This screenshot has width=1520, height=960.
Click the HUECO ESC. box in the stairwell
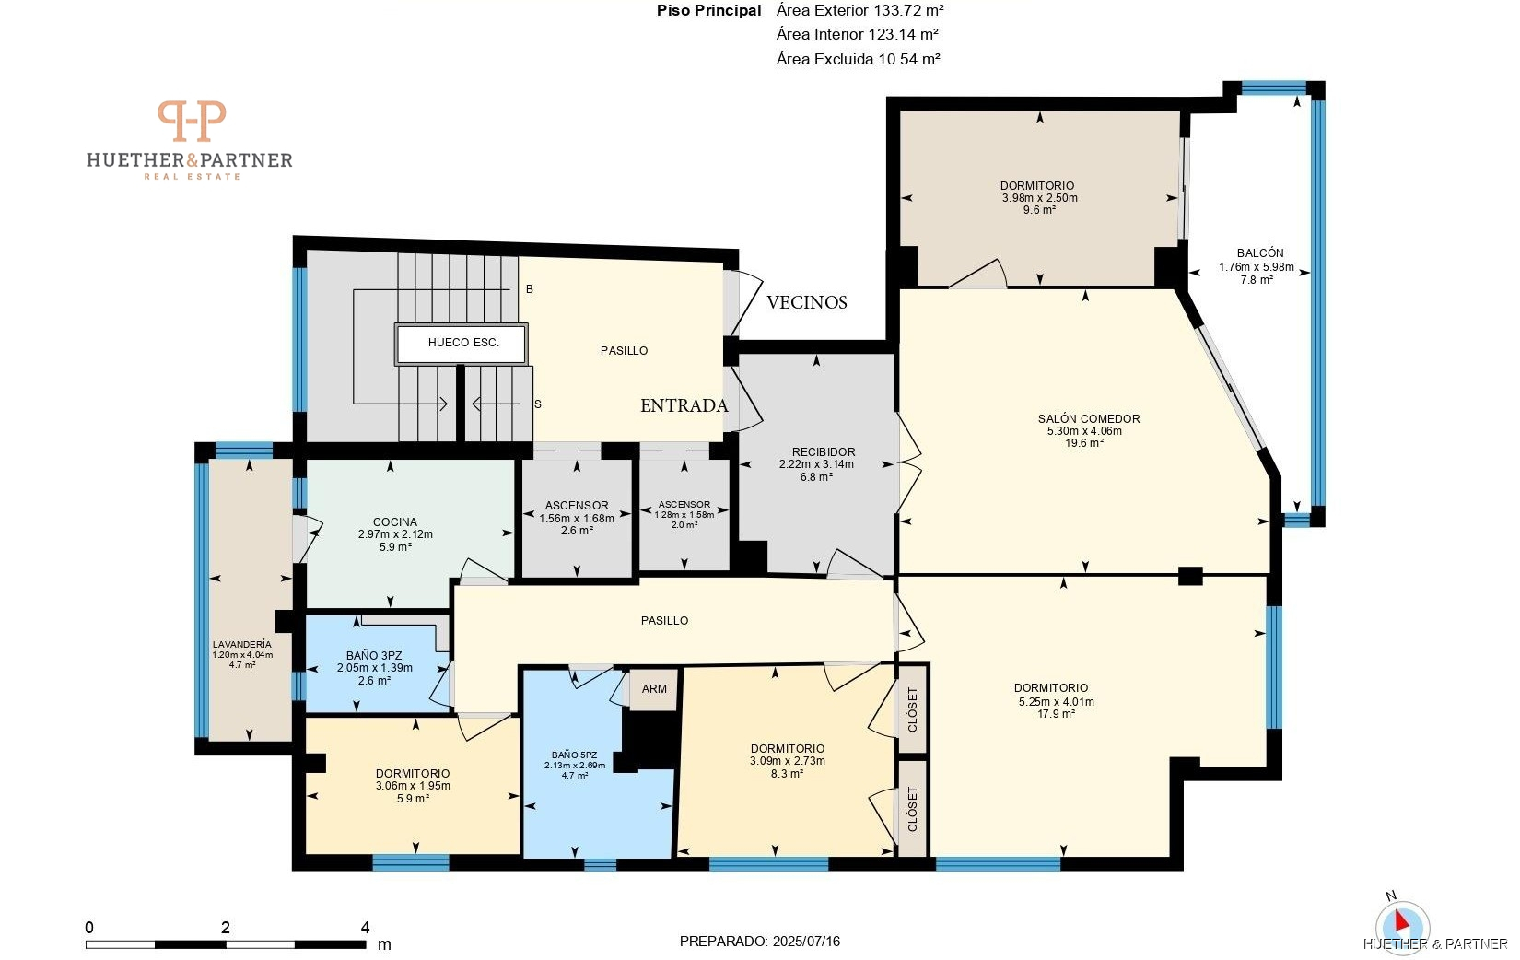coord(462,344)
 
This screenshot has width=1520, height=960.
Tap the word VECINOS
coord(807,302)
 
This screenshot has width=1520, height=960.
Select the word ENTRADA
coord(684,405)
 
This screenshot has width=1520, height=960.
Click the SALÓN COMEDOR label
coord(1089,419)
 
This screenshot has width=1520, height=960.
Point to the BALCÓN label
coord(1260,253)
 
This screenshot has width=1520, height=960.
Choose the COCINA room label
coord(395,522)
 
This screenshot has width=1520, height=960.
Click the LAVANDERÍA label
coord(242,645)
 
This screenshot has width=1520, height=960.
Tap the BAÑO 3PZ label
coord(374,656)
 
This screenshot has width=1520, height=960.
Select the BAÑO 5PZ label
coord(574,755)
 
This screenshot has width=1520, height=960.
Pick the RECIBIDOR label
coord(824,452)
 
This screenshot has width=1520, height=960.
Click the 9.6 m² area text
coord(1039,210)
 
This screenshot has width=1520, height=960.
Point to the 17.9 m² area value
coord(1056,714)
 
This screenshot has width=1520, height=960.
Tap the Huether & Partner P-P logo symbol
coord(192,121)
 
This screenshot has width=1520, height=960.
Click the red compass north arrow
coord(1401,920)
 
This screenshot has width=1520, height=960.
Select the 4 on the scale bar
coord(365,928)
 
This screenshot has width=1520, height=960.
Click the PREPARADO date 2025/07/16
coord(806,942)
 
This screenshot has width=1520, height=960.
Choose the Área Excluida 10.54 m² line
coord(859,60)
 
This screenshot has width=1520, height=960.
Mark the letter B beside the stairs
coord(530,289)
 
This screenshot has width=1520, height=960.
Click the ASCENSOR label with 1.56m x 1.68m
coord(577,506)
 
